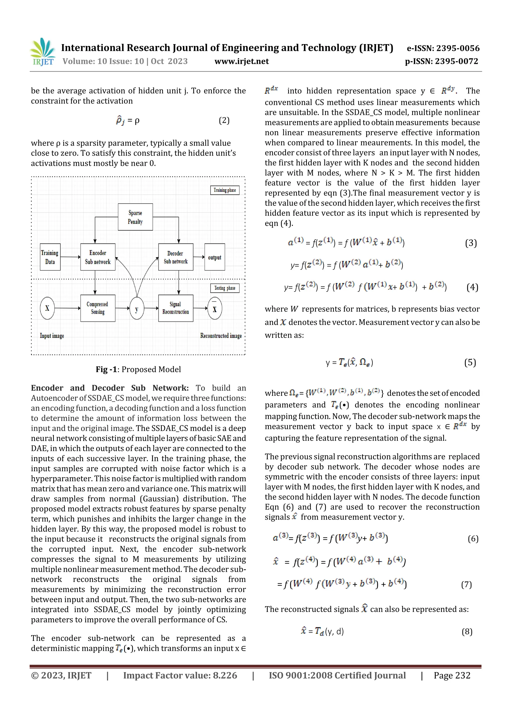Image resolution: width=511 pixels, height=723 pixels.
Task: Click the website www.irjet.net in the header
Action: (x=242, y=61)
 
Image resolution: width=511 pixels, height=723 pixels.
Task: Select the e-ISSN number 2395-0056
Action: (x=443, y=48)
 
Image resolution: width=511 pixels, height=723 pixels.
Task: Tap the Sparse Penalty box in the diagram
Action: (x=135, y=217)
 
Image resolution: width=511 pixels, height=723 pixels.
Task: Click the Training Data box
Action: (x=50, y=257)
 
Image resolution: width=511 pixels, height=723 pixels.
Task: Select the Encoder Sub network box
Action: (x=98, y=257)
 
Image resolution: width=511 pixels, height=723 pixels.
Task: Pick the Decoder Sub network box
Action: (x=175, y=257)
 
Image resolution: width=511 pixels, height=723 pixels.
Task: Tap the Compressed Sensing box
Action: (x=98, y=308)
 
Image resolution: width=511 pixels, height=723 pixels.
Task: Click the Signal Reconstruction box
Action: (x=175, y=308)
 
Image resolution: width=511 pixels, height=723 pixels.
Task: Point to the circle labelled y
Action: (x=137, y=308)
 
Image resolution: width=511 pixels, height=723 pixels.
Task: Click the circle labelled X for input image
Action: (x=47, y=308)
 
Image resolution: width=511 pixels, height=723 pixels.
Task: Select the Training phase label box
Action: (x=225, y=190)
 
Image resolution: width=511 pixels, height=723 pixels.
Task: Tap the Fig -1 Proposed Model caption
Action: (x=138, y=369)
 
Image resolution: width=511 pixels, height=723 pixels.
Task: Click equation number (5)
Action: (x=470, y=362)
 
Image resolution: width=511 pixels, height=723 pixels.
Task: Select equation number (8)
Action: (x=467, y=631)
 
